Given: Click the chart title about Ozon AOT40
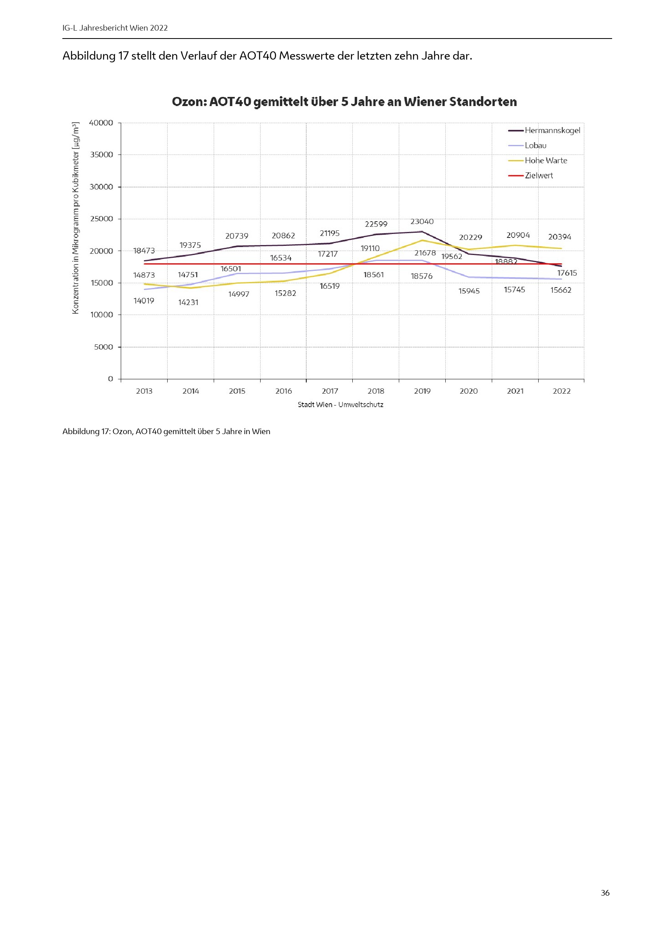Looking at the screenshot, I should point(344,102).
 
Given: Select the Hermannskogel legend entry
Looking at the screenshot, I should point(552,130).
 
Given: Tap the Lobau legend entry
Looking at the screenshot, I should point(535,145).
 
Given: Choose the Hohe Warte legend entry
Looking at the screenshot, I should point(545,160).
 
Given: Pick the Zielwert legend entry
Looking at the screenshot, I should point(539,176).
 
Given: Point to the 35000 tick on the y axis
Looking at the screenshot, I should point(101,155).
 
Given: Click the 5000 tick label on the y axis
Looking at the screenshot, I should point(103,347).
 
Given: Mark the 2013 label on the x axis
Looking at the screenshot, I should point(144,391).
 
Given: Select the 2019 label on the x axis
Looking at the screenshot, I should point(422,391).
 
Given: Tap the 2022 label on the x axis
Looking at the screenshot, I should point(561,391).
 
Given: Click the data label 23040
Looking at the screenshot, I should point(421,221).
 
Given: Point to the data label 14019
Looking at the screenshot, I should point(144,301).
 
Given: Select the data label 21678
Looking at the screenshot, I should point(425,253).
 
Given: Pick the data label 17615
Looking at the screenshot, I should point(567,273).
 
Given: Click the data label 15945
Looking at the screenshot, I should point(468,291).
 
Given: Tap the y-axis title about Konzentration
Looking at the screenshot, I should point(75,218).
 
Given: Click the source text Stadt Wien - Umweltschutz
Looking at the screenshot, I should point(340,405).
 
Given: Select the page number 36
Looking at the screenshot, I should point(605,892).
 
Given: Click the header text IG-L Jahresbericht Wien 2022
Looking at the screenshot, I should point(115,28).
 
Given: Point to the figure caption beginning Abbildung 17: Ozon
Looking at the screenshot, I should point(166,431).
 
